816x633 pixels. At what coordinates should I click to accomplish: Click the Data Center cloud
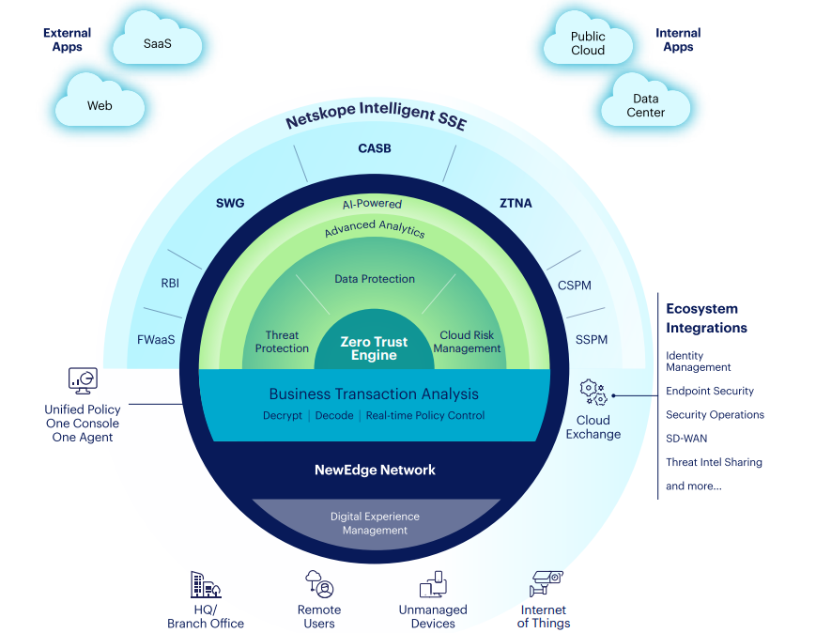645,105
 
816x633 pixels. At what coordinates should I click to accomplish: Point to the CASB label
375,148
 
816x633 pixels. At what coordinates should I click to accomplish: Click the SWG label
229,202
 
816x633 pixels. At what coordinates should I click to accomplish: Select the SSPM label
592,339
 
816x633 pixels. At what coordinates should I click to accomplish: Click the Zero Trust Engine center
374,348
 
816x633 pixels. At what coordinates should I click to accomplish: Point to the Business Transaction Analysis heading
374,394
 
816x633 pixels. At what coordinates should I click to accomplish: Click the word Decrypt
283,415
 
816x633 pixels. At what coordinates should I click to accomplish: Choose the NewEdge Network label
375,470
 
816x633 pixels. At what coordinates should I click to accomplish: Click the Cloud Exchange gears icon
593,393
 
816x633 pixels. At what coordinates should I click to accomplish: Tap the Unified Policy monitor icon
83,379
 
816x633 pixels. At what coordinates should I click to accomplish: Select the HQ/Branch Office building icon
205,585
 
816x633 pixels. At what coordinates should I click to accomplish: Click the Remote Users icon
319,584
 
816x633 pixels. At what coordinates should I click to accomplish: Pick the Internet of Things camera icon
545,583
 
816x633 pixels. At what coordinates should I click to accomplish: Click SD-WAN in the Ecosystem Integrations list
686,439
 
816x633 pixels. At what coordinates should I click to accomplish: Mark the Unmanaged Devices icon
433,585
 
